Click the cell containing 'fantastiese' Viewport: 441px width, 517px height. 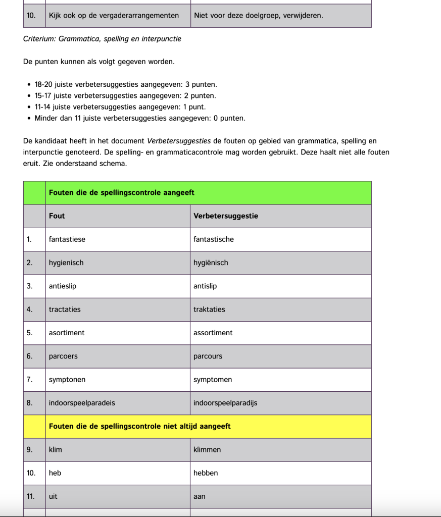tap(67, 239)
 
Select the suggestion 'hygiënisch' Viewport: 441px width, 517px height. tap(211, 263)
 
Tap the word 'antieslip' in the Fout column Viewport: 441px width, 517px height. tap(63, 286)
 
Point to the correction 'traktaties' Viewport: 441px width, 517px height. tap(209, 309)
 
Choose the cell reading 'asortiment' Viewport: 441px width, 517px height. tap(67, 333)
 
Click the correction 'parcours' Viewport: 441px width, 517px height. tap(208, 356)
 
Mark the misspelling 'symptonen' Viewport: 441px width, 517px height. tap(67, 380)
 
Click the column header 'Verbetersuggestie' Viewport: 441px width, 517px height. tap(226, 216)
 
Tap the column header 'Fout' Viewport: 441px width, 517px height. tap(57, 216)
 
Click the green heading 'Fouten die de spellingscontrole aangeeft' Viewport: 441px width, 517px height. tap(122, 193)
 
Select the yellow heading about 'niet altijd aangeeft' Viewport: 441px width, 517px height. tap(140, 426)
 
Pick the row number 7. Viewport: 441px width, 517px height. tap(30, 380)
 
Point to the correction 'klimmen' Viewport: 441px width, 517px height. tap(207, 450)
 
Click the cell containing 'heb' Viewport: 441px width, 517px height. tap(55, 473)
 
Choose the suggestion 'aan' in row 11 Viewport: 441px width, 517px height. tap(200, 496)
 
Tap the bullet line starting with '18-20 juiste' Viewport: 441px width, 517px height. tap(126, 84)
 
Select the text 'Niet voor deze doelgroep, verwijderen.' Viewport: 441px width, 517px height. tap(259, 16)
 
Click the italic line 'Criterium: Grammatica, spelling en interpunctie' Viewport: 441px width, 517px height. tap(102, 39)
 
